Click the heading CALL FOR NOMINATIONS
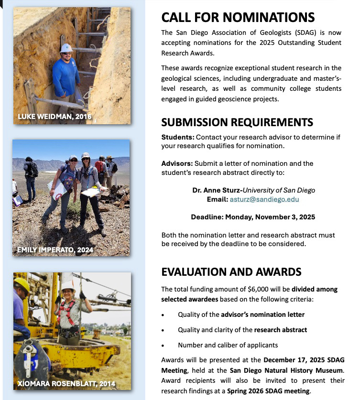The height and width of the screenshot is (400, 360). pos(238,18)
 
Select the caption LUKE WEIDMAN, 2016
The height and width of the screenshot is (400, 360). pos(54,117)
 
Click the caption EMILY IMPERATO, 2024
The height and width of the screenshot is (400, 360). pos(55,249)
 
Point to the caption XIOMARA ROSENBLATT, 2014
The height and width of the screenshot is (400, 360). pos(66,384)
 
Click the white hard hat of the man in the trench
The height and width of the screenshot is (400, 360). pos(66,48)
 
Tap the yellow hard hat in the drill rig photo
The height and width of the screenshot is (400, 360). pos(22,285)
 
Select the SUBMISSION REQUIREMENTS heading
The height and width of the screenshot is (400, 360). pos(237,122)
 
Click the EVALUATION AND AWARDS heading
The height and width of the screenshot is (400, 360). pos(231,272)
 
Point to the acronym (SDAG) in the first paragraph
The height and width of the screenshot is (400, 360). pos(277,33)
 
